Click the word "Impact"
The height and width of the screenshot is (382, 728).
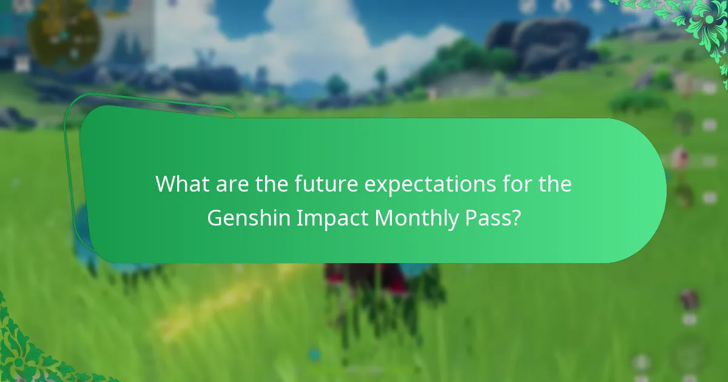pos(332,218)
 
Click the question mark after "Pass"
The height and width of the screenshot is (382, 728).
pos(516,218)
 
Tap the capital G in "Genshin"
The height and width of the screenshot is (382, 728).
pos(215,218)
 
